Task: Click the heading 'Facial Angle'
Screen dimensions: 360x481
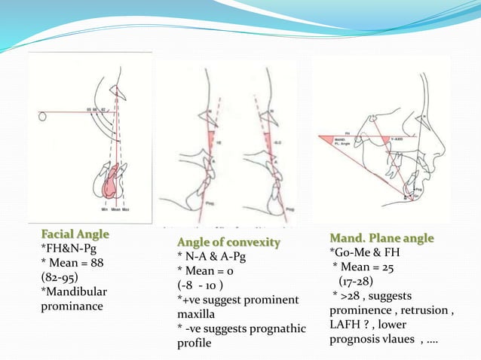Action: [x=74, y=234]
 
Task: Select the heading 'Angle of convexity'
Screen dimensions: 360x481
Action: [x=228, y=242]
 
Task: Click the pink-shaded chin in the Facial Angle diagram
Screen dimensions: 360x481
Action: [x=112, y=181]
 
